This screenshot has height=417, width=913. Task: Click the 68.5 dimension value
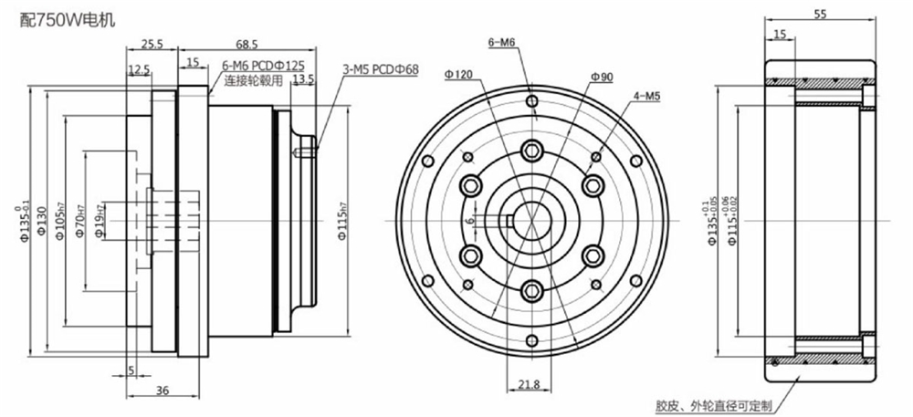(247, 44)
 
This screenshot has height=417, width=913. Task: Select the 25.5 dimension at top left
(152, 44)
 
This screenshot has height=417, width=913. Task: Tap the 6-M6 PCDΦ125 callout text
(264, 67)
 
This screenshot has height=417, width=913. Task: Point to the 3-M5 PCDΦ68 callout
(380, 69)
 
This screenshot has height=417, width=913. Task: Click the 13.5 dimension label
(303, 79)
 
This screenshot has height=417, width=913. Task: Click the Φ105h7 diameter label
(59, 220)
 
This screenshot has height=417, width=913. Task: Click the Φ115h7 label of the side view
(341, 220)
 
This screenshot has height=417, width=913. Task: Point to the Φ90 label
(602, 78)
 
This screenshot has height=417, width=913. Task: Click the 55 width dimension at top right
(818, 15)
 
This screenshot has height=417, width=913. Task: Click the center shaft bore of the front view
(531, 220)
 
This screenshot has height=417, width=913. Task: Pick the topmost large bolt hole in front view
(531, 151)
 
